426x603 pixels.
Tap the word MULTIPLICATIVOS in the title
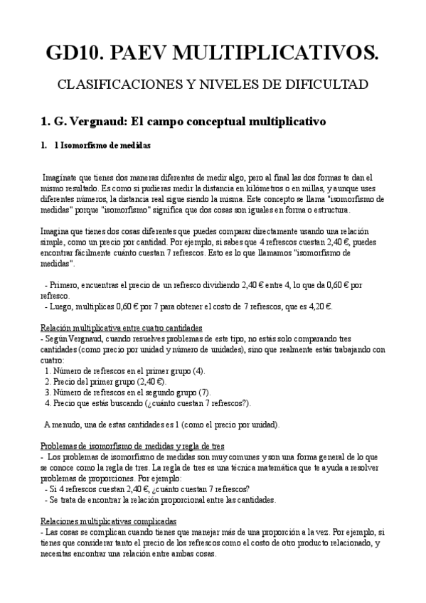tap(280, 51)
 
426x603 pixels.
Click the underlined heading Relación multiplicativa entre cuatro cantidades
tap(122, 328)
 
